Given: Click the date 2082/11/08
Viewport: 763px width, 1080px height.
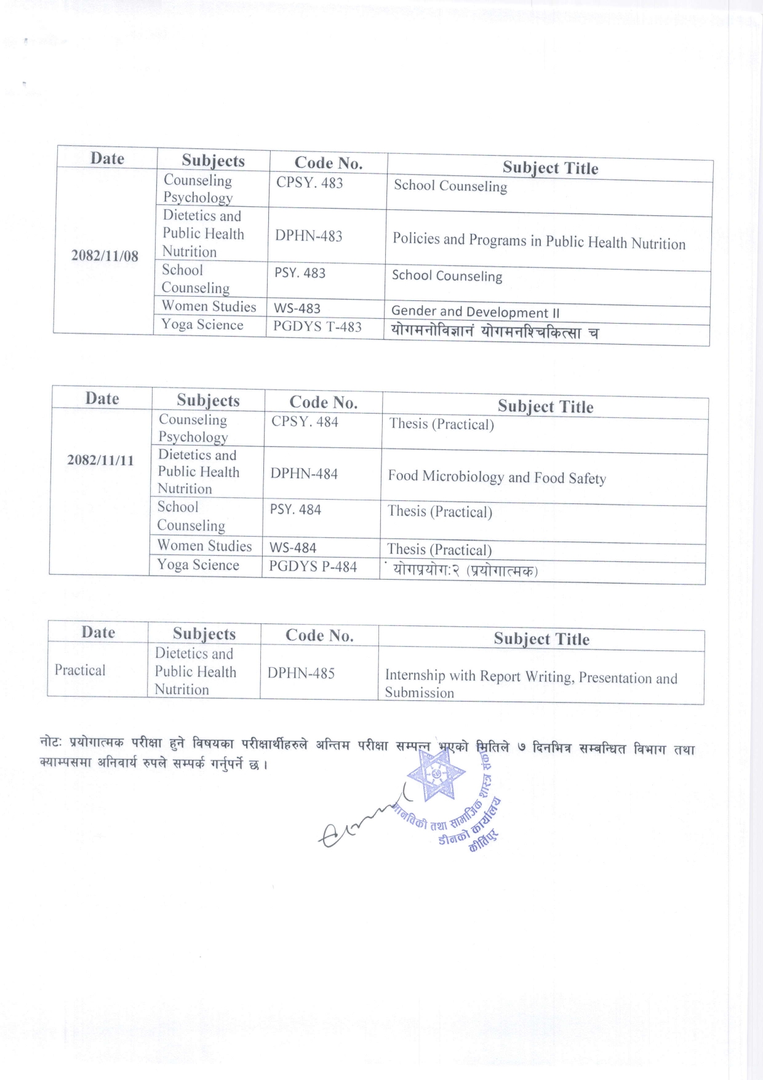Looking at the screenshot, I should coord(105,256).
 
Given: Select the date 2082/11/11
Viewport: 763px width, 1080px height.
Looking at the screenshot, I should coord(100,460).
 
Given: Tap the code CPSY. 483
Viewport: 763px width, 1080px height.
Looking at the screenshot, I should coord(309,183).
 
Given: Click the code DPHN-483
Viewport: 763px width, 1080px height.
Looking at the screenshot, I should coord(308,236).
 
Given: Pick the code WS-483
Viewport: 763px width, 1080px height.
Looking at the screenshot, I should coord(297,308).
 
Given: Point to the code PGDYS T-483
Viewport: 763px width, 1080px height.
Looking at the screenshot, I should coord(317,327).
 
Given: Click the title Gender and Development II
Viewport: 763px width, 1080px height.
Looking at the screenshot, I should coord(475,312).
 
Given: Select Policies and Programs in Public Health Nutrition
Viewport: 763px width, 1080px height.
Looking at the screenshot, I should coord(538,241).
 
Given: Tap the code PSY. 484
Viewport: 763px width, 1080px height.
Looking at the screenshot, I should coord(295,510).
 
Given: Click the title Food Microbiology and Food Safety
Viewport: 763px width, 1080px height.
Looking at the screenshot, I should coord(497,478).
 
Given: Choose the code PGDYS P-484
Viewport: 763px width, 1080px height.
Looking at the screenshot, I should coord(313,567).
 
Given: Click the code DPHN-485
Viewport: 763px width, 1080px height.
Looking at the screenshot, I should coord(301,673).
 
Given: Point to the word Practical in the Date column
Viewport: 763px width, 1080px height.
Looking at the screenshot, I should coord(80,670).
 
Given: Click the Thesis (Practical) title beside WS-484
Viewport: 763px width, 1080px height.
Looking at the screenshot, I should coord(439,550).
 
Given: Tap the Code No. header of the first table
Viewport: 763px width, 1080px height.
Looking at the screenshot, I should coord(328,163).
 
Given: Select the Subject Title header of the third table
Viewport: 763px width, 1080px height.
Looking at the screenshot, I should coord(541,639).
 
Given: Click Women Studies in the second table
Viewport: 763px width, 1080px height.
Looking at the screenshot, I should coord(204,546).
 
